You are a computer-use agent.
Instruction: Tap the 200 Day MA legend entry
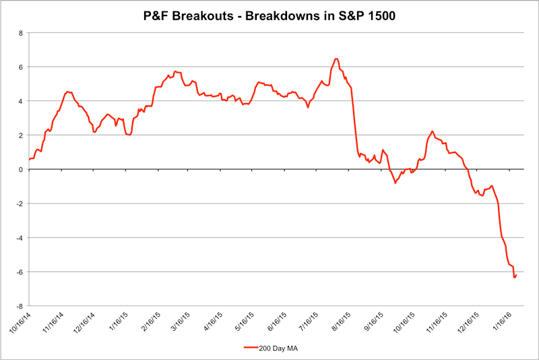[279, 348]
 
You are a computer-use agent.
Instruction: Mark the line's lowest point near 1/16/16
[515, 277]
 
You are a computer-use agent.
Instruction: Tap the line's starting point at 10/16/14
[29, 159]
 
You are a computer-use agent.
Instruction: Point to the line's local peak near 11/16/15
[432, 131]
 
